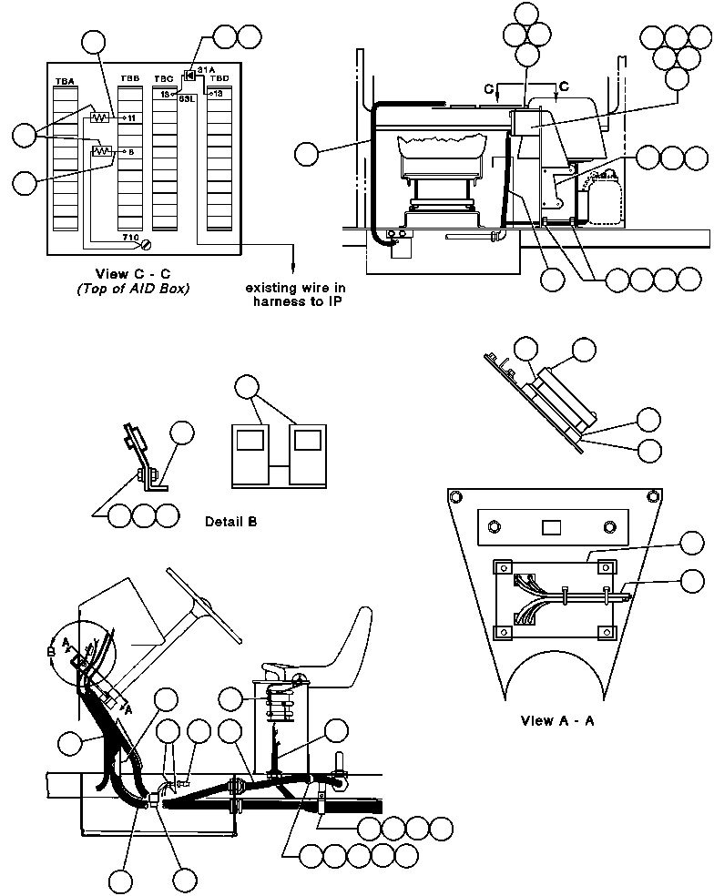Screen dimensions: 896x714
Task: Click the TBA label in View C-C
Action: tap(65, 82)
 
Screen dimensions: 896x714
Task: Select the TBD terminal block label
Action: tap(219, 79)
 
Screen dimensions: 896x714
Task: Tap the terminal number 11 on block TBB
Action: tap(131, 118)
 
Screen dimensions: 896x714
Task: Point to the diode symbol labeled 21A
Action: tap(189, 74)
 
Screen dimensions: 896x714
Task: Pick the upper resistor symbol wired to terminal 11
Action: tap(102, 117)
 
